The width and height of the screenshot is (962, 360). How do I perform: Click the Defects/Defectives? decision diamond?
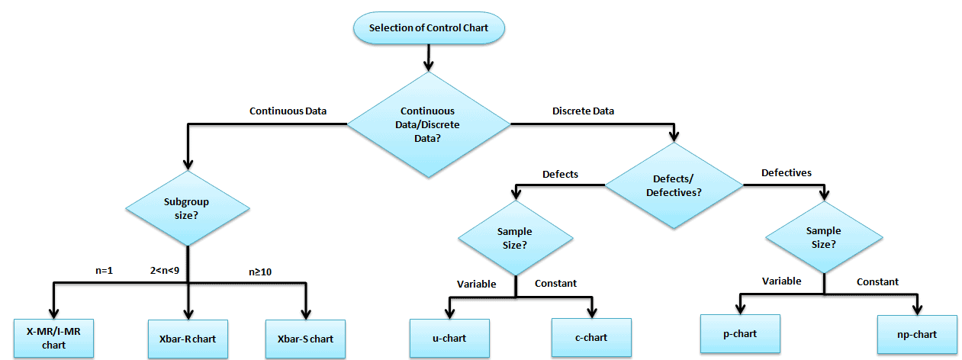[x=674, y=186]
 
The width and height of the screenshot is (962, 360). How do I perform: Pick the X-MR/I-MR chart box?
[x=53, y=338]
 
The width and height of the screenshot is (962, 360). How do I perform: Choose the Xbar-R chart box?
[x=188, y=338]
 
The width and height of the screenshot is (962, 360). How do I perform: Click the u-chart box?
[x=449, y=337]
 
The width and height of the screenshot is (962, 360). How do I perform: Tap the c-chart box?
[x=591, y=337]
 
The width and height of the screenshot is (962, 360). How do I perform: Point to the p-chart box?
[x=740, y=334]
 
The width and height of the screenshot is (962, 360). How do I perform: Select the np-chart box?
[x=916, y=334]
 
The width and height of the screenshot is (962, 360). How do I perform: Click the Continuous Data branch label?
[x=288, y=111]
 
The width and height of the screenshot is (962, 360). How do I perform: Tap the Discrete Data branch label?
[x=583, y=111]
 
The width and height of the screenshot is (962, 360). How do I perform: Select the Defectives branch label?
[x=786, y=173]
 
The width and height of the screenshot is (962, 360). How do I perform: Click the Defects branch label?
[x=560, y=174]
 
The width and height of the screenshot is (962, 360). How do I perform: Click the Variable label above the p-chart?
[x=781, y=281]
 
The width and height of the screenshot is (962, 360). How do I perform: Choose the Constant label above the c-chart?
[x=555, y=283]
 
